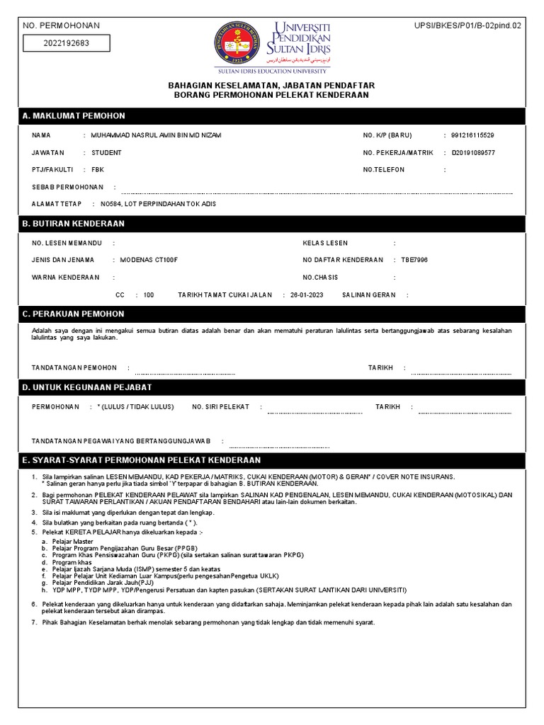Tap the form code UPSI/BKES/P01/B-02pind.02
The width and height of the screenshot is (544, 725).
(467, 25)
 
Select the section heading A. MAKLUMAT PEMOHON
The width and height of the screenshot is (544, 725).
(74, 116)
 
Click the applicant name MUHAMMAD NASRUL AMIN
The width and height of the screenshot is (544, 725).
(157, 135)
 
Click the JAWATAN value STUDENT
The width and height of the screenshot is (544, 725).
(106, 153)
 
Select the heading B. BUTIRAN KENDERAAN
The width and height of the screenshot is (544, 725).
(74, 224)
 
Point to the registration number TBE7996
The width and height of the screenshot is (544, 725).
(414, 260)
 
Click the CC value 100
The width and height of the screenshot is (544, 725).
(148, 295)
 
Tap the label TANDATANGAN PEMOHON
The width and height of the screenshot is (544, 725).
(74, 368)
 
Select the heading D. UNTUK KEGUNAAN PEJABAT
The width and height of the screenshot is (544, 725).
(87, 387)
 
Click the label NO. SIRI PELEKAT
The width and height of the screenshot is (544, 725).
(222, 407)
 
